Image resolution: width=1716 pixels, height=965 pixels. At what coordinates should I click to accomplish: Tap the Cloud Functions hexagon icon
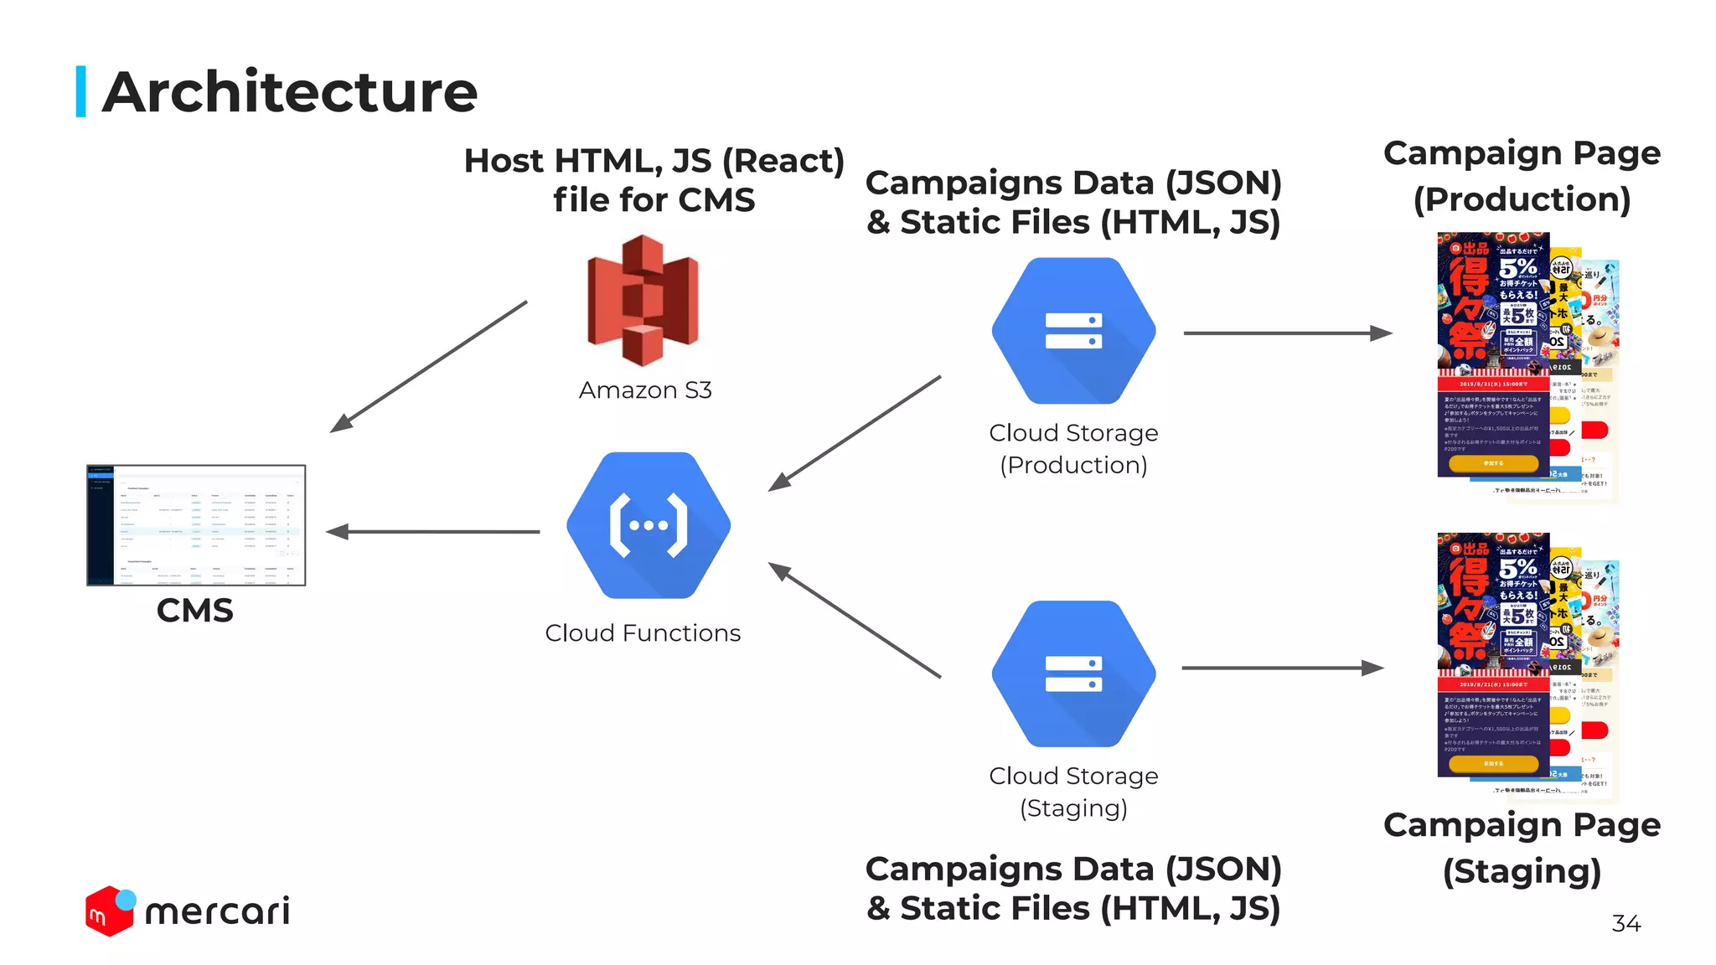pyautogui.click(x=649, y=525)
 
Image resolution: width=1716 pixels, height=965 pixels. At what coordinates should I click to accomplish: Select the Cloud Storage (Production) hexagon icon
pyautogui.click(x=1073, y=331)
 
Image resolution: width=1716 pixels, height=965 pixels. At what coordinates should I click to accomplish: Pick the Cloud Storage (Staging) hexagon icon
pyautogui.click(x=1073, y=673)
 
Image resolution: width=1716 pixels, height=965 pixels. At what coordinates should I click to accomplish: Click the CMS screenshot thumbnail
pyautogui.click(x=196, y=525)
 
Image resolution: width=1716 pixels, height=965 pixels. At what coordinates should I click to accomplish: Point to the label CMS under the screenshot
pyautogui.click(x=195, y=611)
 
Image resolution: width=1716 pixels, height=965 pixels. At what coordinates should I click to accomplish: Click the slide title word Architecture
pyautogui.click(x=290, y=92)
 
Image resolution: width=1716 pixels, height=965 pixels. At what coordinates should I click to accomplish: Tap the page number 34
pyautogui.click(x=1626, y=923)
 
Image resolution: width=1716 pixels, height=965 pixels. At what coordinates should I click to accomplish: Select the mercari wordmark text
pyautogui.click(x=218, y=911)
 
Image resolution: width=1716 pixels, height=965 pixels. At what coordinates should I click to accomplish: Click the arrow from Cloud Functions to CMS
pyautogui.click(x=433, y=532)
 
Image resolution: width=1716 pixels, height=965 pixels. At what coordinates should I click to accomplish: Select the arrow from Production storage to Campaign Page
pyautogui.click(x=1287, y=333)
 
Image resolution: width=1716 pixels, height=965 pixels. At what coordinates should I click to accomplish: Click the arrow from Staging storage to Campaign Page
pyautogui.click(x=1282, y=668)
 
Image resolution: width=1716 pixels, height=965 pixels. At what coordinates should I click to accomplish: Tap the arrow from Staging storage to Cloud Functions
pyautogui.click(x=855, y=620)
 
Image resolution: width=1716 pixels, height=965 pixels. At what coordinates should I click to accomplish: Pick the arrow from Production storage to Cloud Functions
pyautogui.click(x=855, y=433)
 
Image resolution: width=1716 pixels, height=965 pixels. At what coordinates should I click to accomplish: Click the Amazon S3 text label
pyautogui.click(x=645, y=390)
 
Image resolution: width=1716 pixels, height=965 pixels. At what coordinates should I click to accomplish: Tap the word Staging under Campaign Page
pyautogui.click(x=1522, y=871)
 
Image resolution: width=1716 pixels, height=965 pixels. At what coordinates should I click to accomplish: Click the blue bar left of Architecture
pyautogui.click(x=81, y=91)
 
